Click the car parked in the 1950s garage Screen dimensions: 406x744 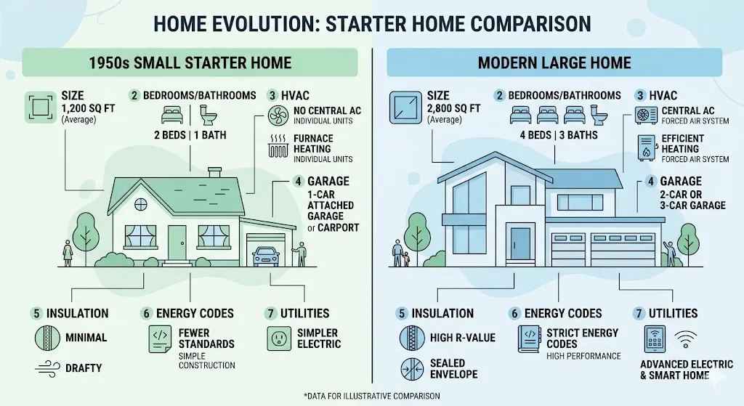coord(265,256)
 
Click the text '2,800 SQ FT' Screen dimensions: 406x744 coord(455,108)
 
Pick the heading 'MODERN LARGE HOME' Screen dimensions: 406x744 coord(554,62)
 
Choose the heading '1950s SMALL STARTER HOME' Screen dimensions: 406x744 coord(190,62)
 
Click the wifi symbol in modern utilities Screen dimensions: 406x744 coord(686,338)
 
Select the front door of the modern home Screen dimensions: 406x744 coord(519,243)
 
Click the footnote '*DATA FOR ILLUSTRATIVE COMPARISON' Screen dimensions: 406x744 coord(371,395)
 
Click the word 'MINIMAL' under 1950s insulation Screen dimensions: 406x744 coord(86,337)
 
